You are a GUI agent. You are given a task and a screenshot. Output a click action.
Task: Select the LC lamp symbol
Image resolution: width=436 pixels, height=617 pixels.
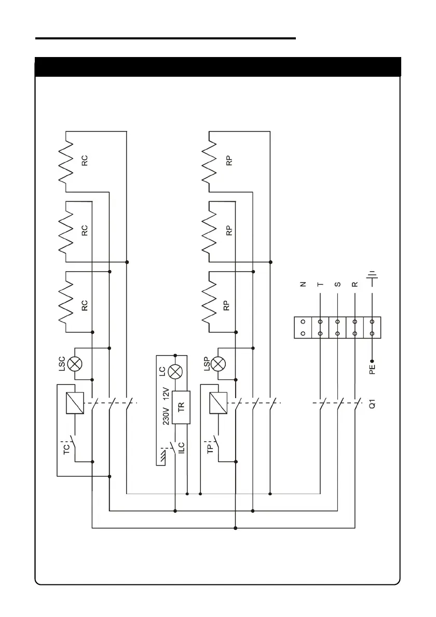tap(175, 371)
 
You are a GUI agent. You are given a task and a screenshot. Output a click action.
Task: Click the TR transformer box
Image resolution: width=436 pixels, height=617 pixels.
tap(181, 407)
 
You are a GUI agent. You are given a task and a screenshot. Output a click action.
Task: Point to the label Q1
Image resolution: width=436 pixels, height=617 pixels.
tap(372, 404)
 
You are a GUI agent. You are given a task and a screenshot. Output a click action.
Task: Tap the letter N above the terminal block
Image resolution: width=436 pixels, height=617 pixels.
tap(303, 284)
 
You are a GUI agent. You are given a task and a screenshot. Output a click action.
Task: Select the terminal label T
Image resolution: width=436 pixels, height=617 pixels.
tap(320, 284)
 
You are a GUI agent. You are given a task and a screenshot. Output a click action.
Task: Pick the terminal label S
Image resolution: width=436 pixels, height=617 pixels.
tap(337, 284)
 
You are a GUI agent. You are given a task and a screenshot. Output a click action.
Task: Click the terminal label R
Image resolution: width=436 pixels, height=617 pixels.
tap(355, 284)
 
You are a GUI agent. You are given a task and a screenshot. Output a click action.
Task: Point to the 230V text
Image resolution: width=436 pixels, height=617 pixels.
tap(166, 415)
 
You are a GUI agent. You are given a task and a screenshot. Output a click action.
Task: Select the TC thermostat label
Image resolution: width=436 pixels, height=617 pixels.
tap(66, 448)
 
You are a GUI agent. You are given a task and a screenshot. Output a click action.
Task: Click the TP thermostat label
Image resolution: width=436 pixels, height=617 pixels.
tap(210, 448)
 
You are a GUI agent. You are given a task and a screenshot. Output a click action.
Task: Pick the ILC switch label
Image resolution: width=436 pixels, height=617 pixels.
tap(182, 448)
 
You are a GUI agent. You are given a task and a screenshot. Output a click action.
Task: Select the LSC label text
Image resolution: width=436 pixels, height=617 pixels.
tap(61, 363)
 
